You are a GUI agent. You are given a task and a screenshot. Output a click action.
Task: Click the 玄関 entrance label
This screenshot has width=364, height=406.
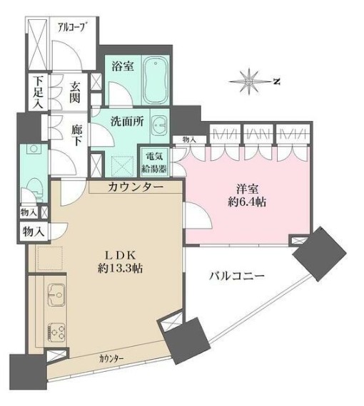pos(74,92)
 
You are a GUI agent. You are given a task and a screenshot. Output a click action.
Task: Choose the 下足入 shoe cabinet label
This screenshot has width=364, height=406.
pos(36,92)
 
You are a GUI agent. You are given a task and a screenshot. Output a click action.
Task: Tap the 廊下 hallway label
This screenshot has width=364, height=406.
pos(78,135)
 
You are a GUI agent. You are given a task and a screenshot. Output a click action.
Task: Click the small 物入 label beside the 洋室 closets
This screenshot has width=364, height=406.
pos(189,140)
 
